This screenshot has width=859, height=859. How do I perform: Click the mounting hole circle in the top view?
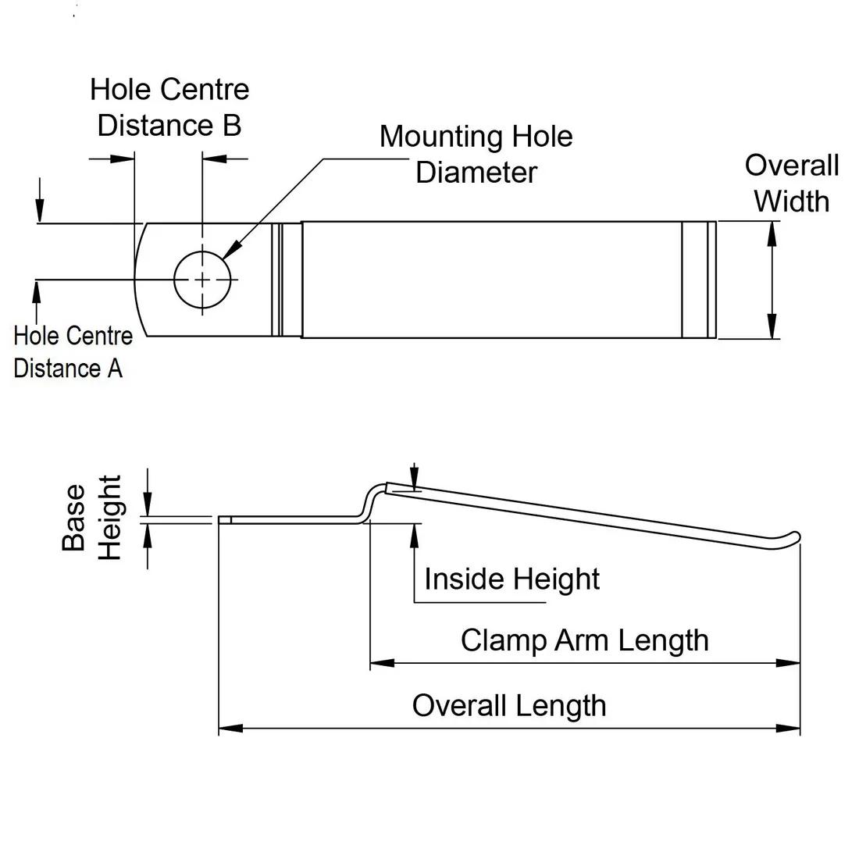203,279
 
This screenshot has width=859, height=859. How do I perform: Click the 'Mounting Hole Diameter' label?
476,154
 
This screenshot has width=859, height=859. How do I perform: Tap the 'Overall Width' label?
791,184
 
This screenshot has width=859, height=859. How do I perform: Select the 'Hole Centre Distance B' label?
169,107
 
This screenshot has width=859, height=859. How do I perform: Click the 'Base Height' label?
92,518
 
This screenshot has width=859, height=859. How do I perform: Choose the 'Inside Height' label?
511,579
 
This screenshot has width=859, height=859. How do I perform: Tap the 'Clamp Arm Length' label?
584,640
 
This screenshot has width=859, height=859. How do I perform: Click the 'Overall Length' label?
509,706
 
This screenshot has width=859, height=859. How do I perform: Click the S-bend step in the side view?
367,502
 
